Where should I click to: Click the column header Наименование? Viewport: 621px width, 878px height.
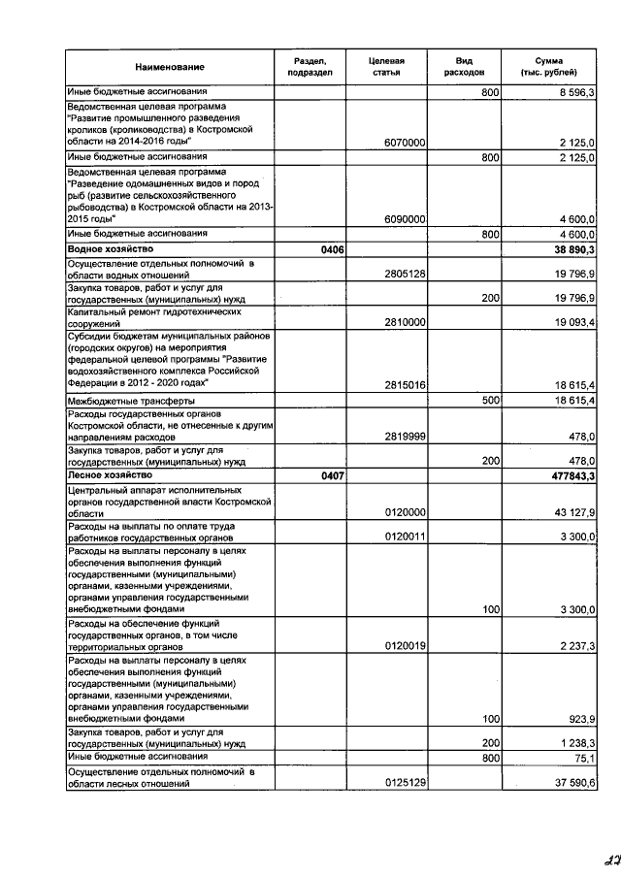click(170, 66)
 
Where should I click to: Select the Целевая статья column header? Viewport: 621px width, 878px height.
click(386, 66)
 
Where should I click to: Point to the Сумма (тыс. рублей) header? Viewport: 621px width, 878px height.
click(548, 66)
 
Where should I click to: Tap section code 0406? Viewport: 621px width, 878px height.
click(319, 249)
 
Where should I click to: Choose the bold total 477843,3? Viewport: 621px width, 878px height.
click(570, 476)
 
